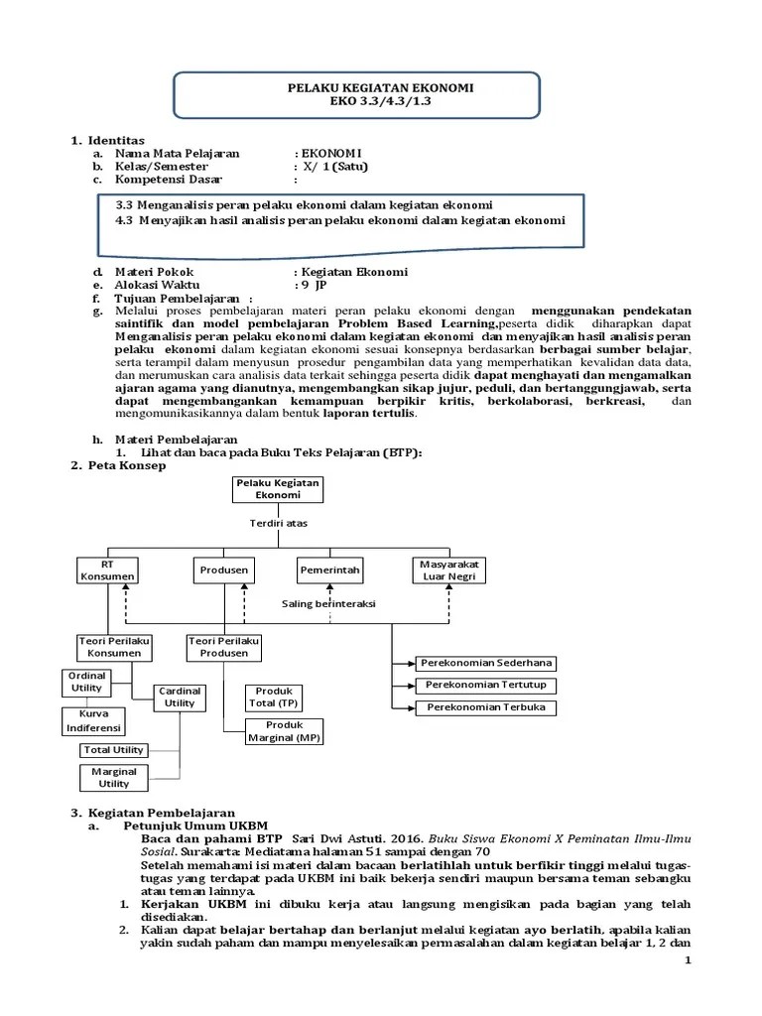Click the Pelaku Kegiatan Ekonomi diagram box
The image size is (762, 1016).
(270, 488)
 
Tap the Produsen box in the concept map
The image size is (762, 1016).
(223, 571)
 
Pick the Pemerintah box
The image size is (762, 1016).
(330, 571)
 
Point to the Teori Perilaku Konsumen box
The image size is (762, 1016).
(115, 647)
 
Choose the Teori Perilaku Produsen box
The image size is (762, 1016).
(223, 647)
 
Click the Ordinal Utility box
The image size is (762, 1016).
(87, 682)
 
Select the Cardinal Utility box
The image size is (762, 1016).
(180, 697)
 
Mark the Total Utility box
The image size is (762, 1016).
(113, 750)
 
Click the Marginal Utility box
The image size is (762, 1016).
(113, 777)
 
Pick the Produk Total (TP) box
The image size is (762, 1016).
(275, 697)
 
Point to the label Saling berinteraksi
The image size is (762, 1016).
(328, 603)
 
